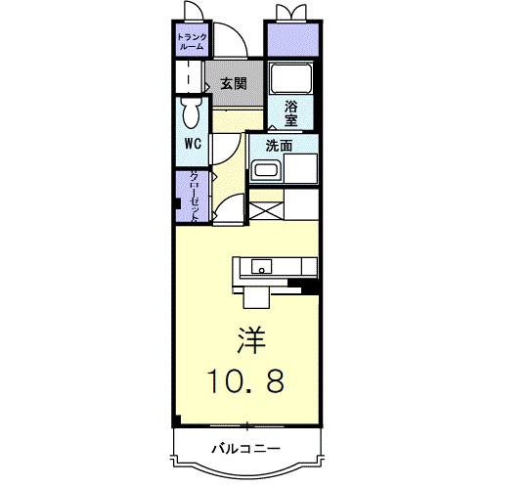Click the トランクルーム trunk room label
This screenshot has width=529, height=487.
coord(190,41)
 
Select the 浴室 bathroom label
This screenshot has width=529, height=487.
coord(291,114)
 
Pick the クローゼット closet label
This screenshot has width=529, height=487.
coord(194,198)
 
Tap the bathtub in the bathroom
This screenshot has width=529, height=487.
coord(290,77)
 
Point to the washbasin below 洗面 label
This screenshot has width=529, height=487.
coord(267,171)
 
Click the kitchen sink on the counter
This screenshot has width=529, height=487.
coord(262,266)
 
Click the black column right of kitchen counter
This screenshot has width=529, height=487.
coord(310,287)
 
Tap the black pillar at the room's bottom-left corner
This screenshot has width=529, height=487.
coord(176,421)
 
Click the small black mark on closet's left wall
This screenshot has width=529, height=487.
coord(176,205)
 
